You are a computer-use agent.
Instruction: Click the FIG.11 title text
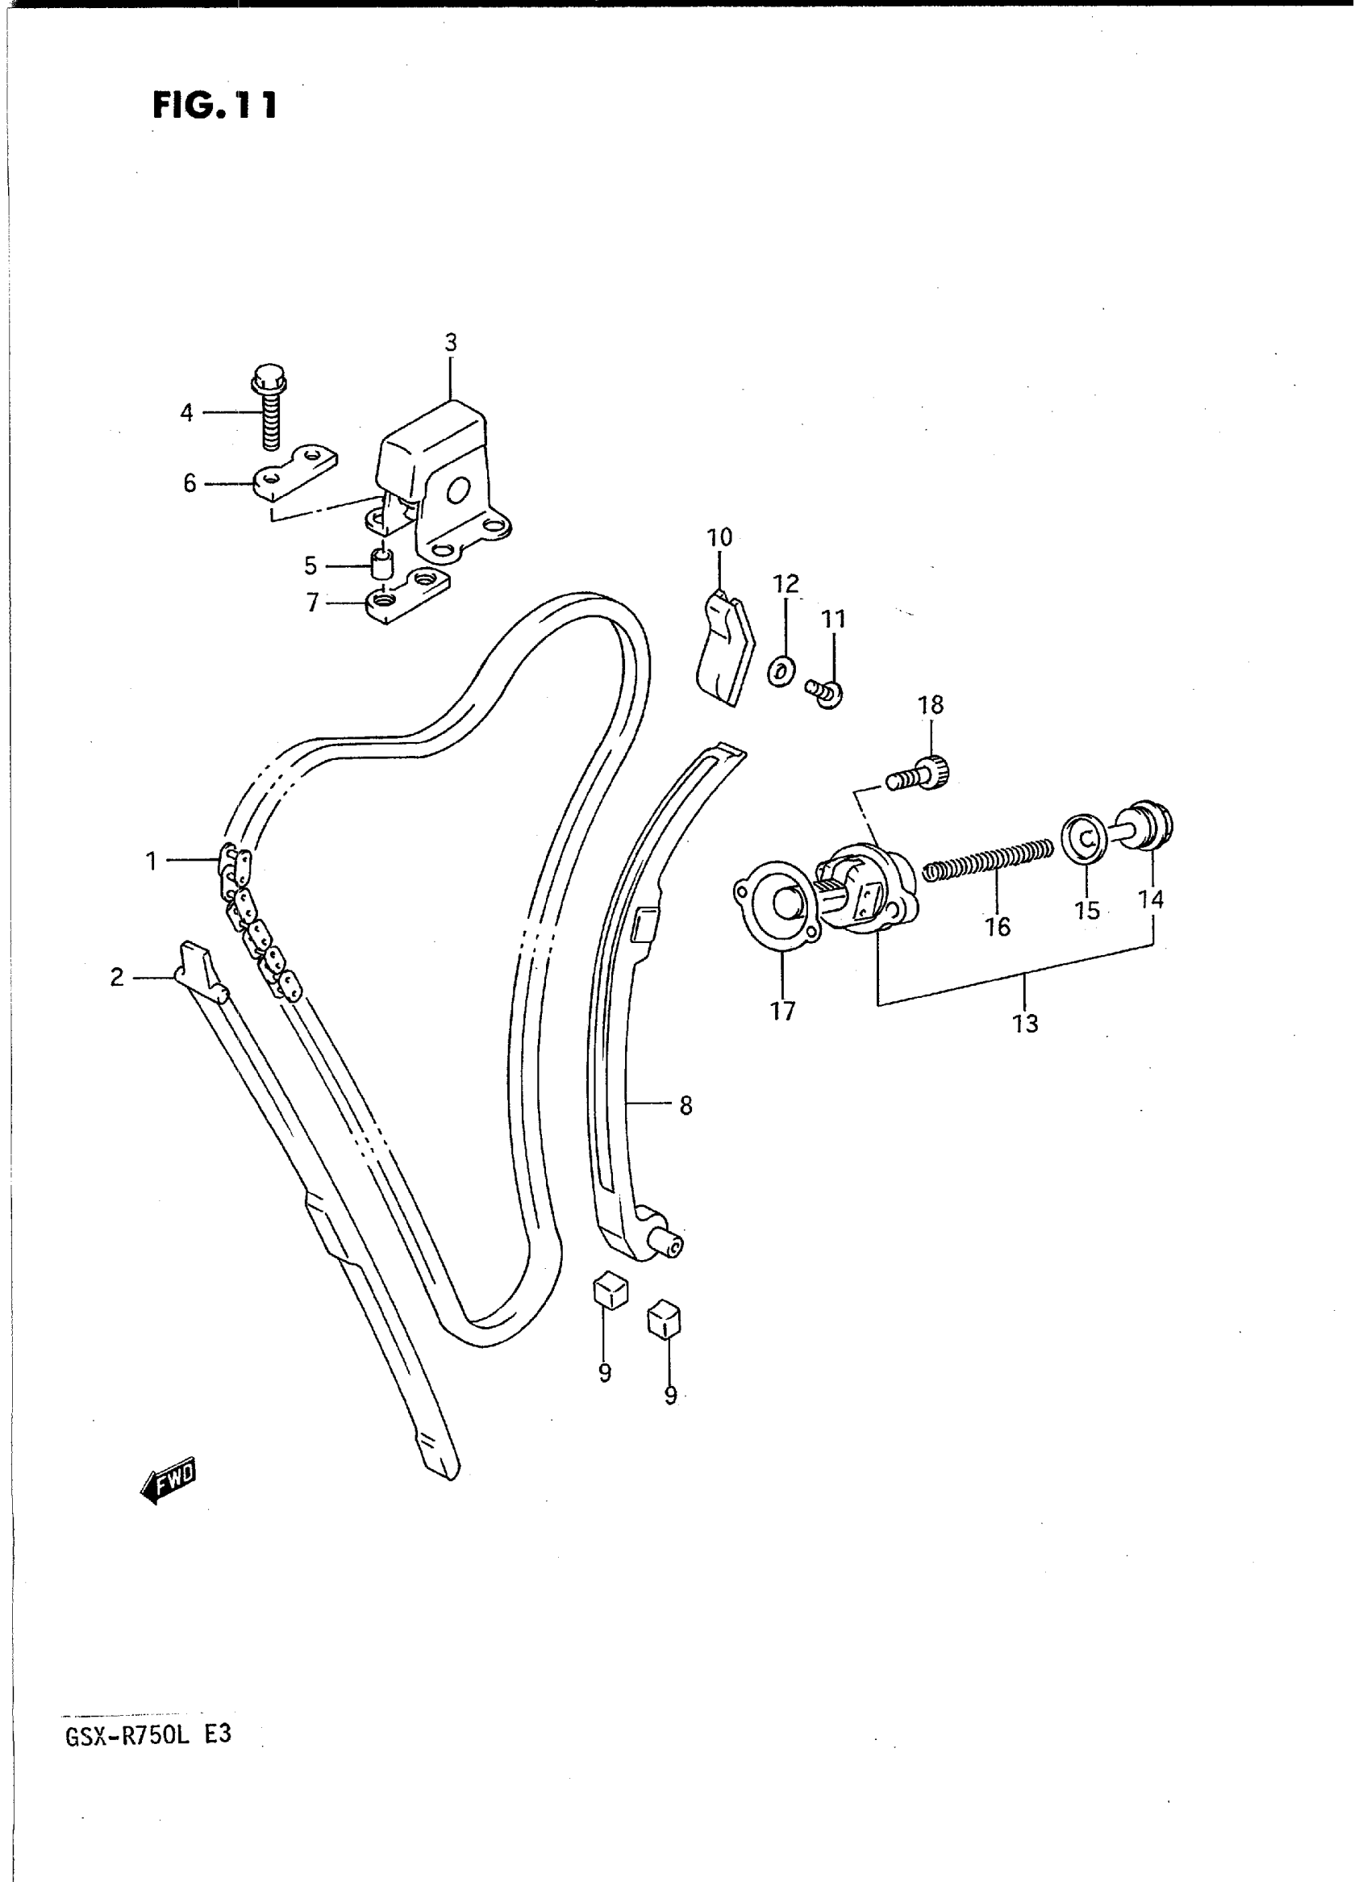(214, 106)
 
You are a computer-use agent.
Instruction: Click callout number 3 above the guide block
(451, 342)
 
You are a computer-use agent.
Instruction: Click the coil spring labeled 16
(988, 858)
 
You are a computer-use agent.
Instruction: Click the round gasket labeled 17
(777, 912)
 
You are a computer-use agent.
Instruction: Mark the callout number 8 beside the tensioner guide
(685, 1105)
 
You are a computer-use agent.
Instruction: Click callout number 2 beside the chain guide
(117, 977)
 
